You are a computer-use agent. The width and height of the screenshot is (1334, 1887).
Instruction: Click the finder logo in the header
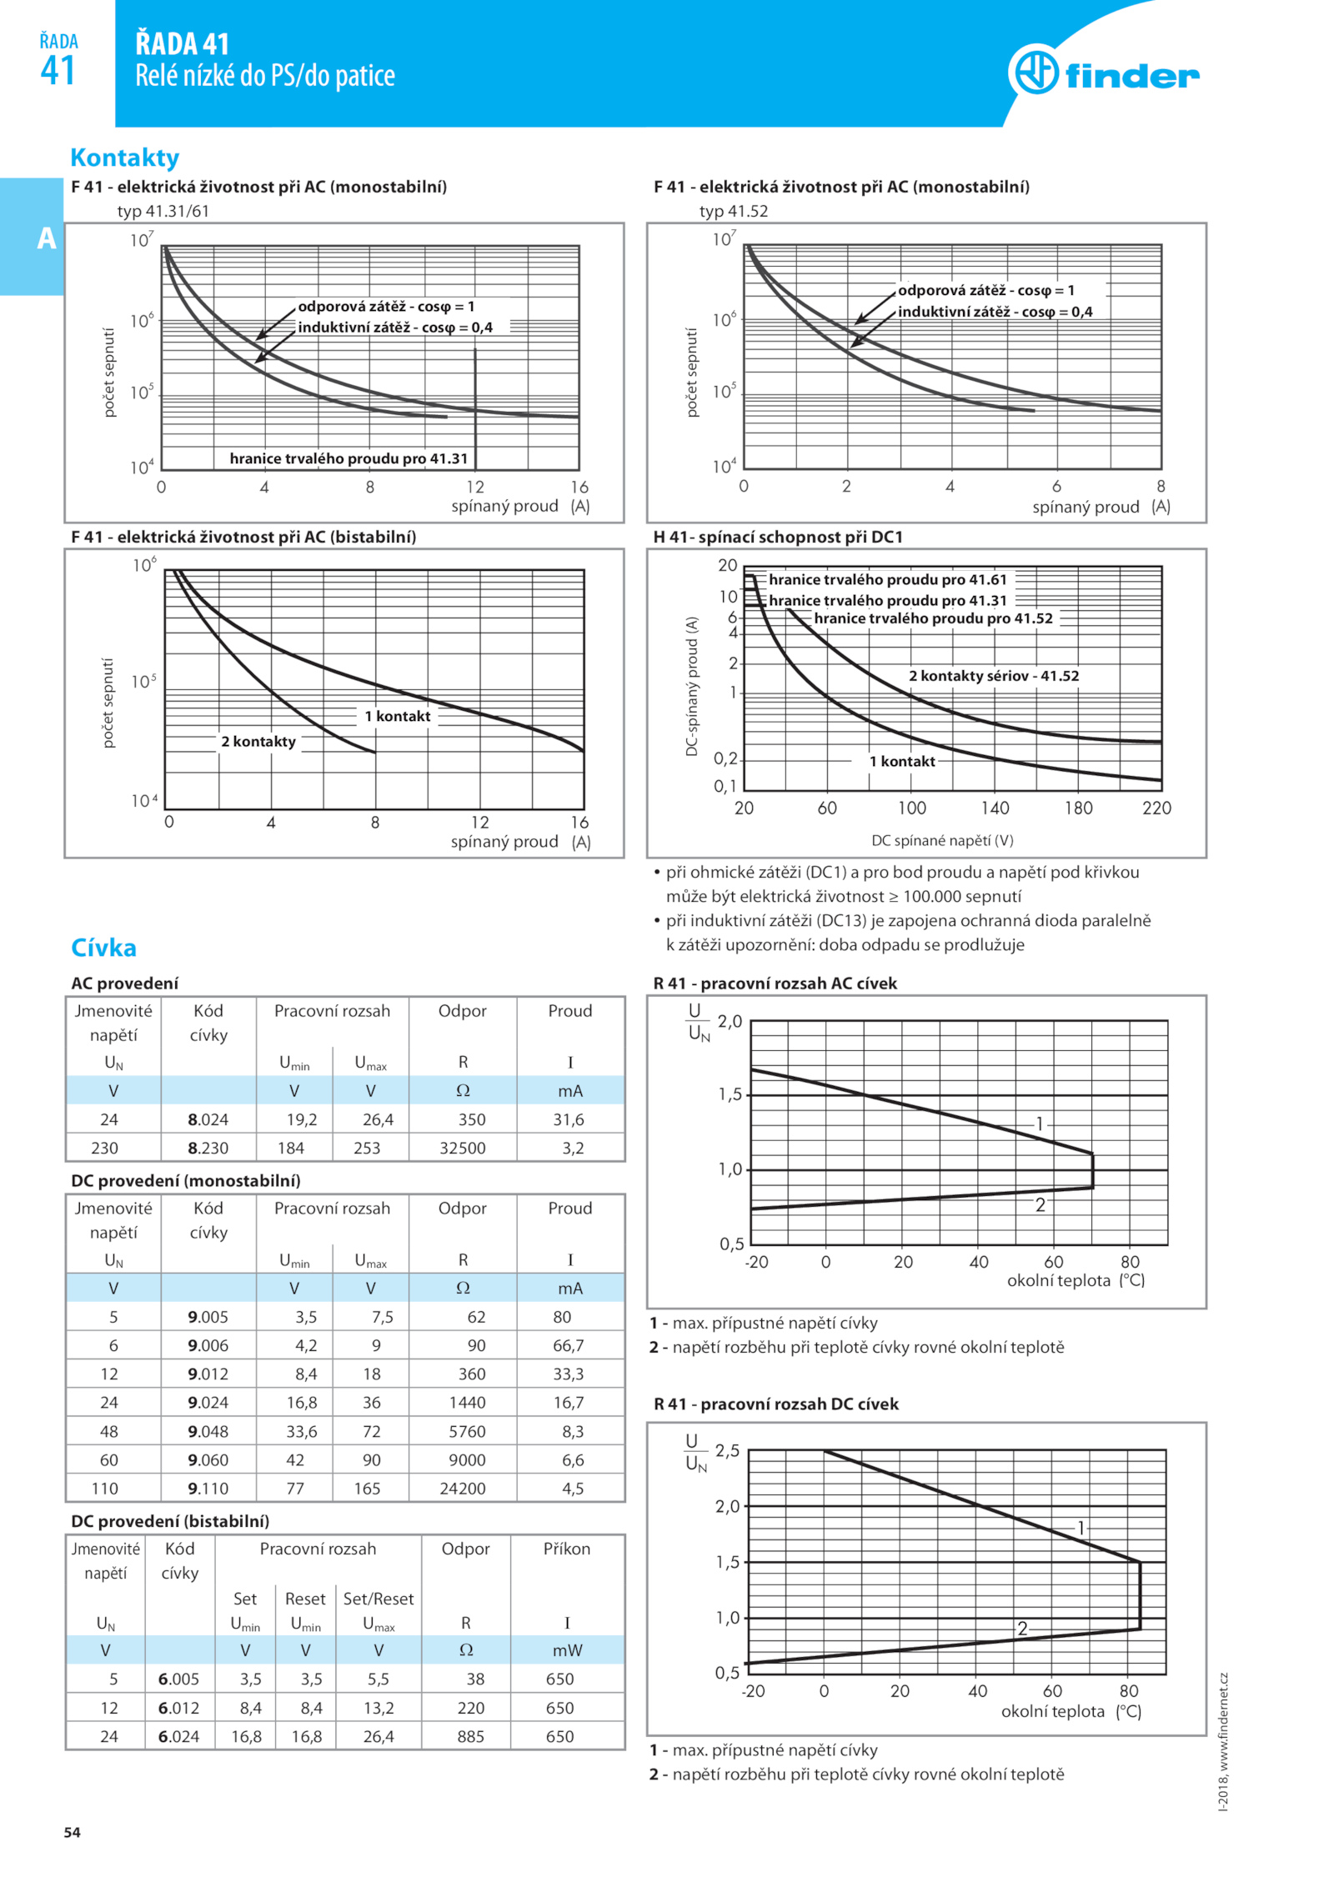(x=1103, y=73)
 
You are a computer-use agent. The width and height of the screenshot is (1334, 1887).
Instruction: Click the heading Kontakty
(x=125, y=158)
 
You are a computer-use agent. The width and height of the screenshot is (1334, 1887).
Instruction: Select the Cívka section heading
(x=104, y=948)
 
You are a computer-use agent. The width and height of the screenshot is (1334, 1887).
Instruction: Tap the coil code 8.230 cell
(x=208, y=1148)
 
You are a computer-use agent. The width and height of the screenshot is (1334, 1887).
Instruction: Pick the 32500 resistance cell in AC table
(x=463, y=1148)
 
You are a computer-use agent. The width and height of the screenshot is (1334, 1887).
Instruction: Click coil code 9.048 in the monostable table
(x=208, y=1431)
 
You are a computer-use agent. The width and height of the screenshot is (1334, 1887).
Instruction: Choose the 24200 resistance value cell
(x=463, y=1489)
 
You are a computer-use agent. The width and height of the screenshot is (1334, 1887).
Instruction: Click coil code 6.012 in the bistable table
(x=178, y=1708)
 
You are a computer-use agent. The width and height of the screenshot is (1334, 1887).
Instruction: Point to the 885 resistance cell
(x=470, y=1736)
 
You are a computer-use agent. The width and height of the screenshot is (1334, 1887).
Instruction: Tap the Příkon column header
(x=567, y=1549)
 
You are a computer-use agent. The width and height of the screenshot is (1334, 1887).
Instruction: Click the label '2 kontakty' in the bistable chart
(x=258, y=742)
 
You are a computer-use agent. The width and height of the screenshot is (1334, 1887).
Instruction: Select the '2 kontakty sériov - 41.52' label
(x=994, y=676)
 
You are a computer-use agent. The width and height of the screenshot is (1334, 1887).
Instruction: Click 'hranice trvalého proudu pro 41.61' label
(x=888, y=579)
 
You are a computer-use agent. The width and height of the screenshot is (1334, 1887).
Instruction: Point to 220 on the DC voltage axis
(x=1156, y=808)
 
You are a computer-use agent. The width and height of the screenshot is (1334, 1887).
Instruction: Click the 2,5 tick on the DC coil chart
(x=727, y=1451)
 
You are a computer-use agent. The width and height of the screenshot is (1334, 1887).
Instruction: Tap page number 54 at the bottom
(x=73, y=1832)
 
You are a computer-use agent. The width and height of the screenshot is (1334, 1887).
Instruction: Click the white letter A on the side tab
(x=47, y=238)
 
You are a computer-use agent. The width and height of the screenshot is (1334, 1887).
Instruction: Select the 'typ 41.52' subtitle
(x=734, y=211)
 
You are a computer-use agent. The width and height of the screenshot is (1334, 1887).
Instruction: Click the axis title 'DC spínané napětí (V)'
(x=942, y=840)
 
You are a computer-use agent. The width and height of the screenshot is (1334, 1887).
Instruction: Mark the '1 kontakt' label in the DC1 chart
(x=902, y=761)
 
